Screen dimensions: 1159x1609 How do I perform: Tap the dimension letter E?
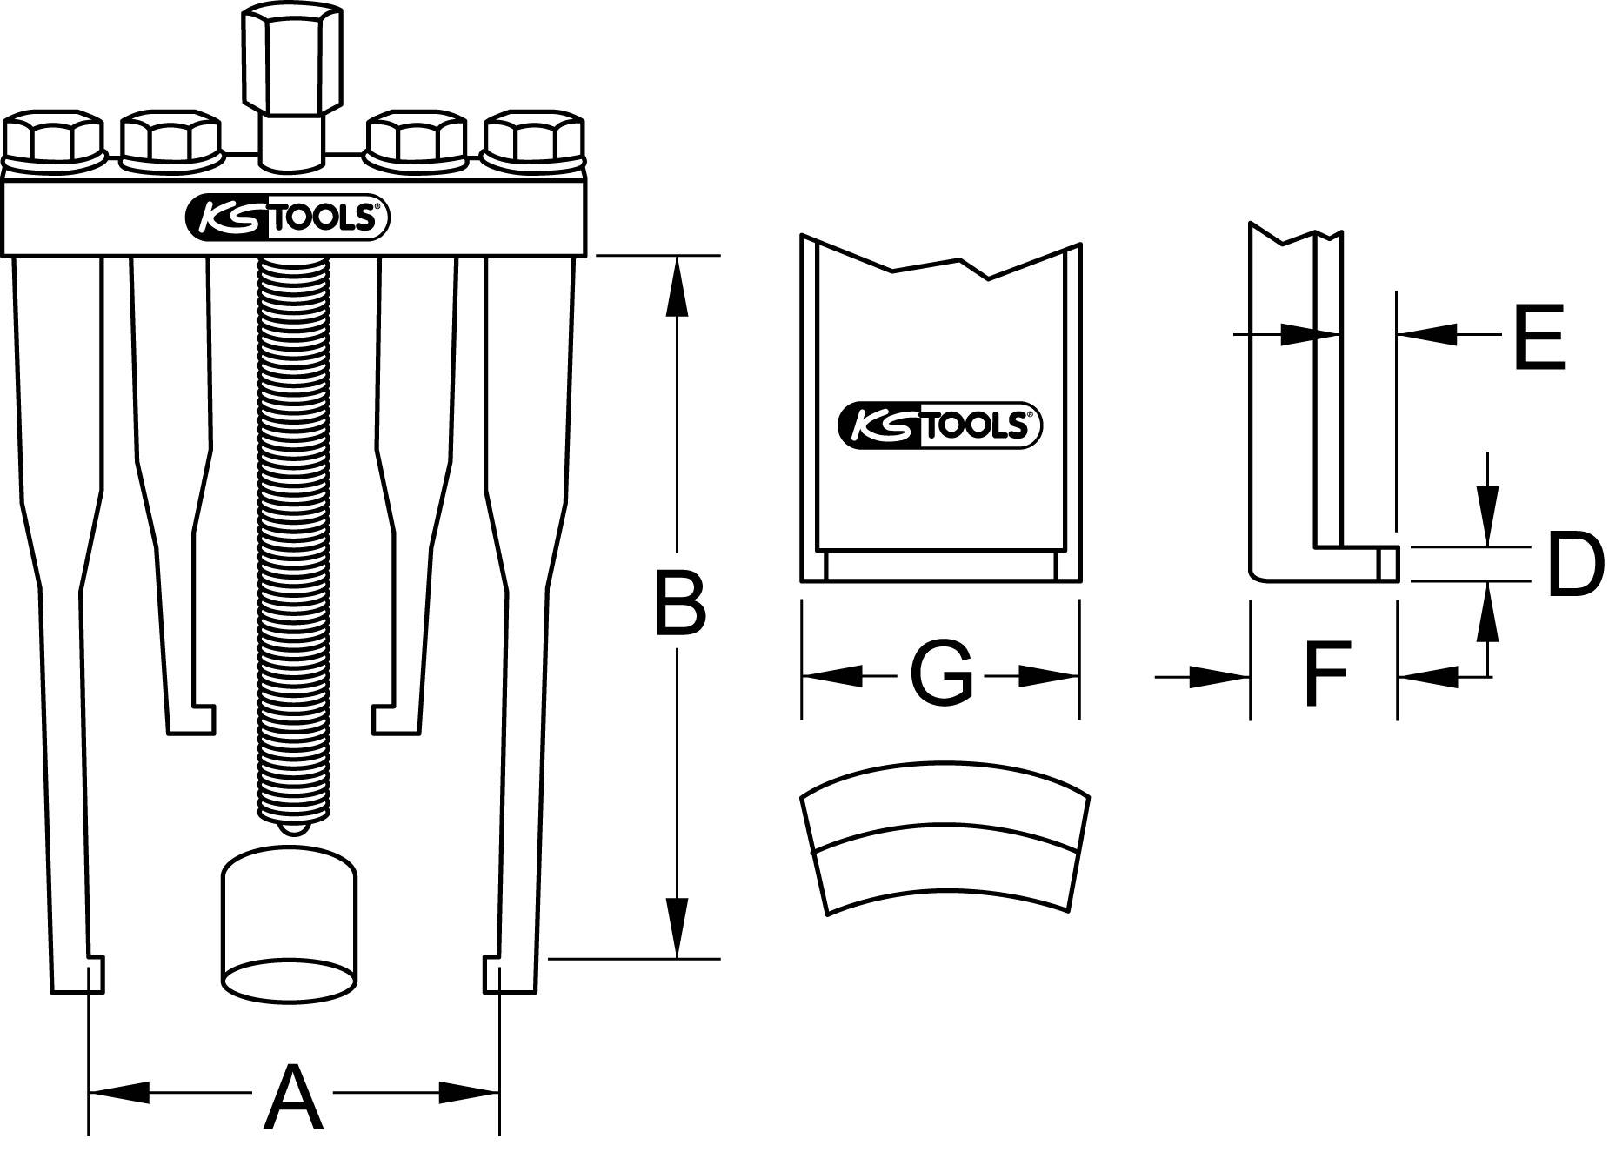pos(1539,337)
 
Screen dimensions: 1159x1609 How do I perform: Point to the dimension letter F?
pos(1326,673)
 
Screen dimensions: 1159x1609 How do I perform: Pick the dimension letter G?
pos(941,674)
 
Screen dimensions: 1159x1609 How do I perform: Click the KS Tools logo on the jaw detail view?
pos(940,426)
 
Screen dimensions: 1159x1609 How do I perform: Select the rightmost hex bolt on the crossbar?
pos(533,137)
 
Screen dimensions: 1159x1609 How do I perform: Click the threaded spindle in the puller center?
pos(294,539)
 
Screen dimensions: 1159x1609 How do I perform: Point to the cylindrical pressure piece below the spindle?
pos(289,927)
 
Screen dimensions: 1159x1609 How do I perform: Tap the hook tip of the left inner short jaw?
pos(202,720)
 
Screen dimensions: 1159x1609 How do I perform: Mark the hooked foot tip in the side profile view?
pos(1386,563)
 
